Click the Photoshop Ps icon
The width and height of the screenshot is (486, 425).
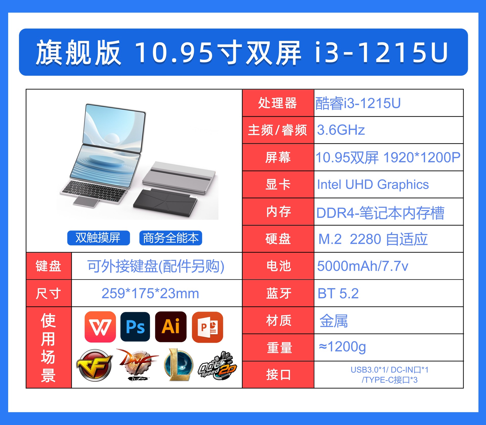(135, 327)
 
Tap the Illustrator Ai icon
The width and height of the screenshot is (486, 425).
(171, 327)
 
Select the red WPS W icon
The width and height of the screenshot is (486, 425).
(100, 327)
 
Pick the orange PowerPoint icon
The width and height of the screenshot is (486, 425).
(208, 327)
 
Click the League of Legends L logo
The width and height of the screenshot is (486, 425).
(179, 365)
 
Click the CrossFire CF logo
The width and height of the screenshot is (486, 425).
(95, 365)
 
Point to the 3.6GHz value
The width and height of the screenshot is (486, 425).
(341, 130)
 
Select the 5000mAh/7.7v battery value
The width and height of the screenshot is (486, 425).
(362, 266)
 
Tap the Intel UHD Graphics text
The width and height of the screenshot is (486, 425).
(373, 184)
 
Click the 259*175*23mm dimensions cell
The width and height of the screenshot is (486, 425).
(150, 293)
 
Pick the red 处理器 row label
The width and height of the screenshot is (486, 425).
(278, 103)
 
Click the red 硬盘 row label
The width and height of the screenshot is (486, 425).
(278, 239)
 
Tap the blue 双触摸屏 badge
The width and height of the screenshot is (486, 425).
(98, 238)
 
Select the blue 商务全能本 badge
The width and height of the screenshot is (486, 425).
(171, 238)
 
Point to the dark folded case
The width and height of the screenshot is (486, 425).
(165, 202)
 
